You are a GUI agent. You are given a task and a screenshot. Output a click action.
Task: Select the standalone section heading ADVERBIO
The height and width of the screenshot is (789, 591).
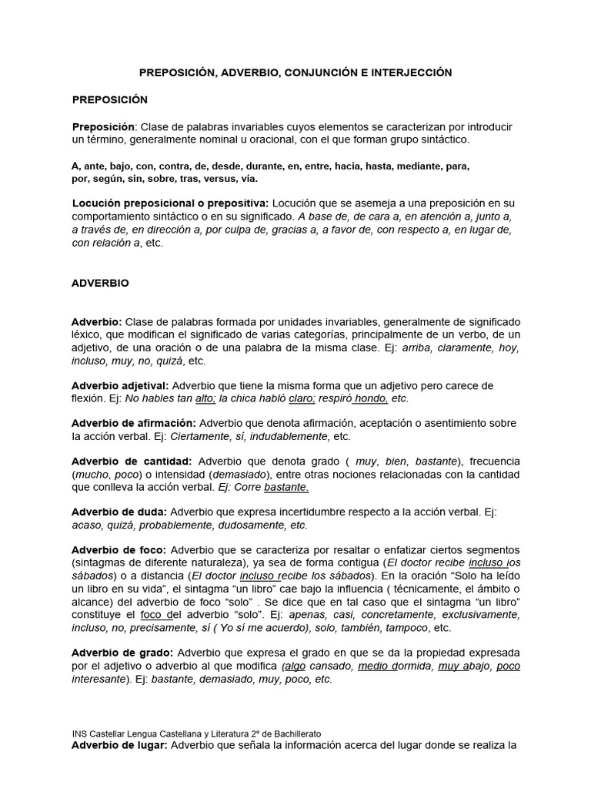tap(100, 283)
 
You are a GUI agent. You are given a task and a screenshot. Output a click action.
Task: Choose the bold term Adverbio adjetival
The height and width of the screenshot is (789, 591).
tap(120, 385)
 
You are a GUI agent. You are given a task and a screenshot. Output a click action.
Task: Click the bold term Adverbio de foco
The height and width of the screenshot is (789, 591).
tap(119, 550)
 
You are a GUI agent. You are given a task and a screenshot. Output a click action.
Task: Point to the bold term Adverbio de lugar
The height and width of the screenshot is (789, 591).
tap(120, 746)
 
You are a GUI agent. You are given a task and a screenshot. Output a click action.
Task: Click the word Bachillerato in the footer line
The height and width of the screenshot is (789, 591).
tap(294, 734)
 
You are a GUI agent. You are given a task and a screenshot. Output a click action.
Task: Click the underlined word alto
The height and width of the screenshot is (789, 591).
tap(205, 398)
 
